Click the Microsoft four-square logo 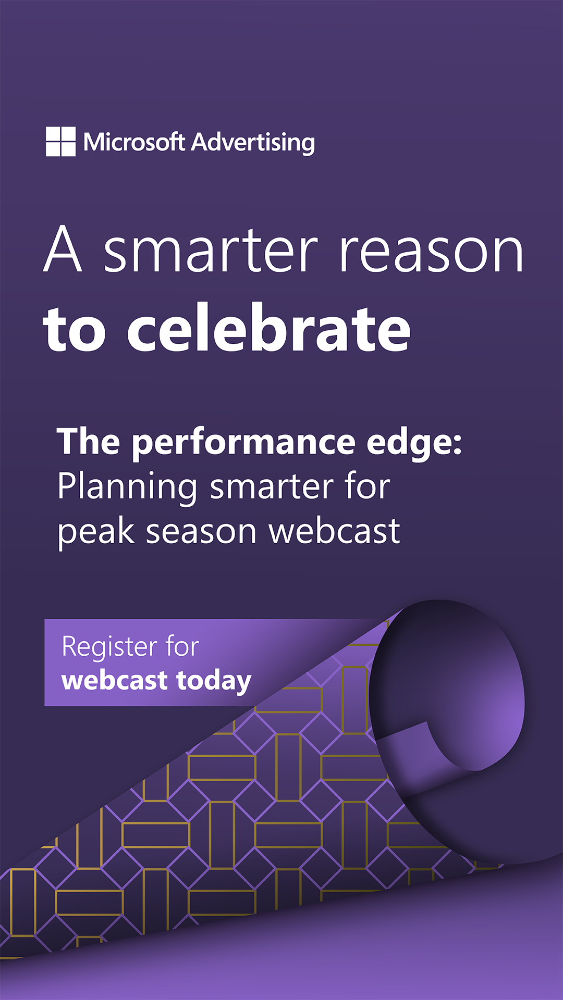point(60,142)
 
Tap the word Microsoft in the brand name point(134,142)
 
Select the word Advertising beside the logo point(253,143)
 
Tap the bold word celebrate point(269,328)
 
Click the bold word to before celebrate point(75,330)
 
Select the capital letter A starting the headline point(63,248)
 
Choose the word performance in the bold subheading point(243,443)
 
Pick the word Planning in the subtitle point(127,488)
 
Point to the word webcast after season point(334,532)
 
